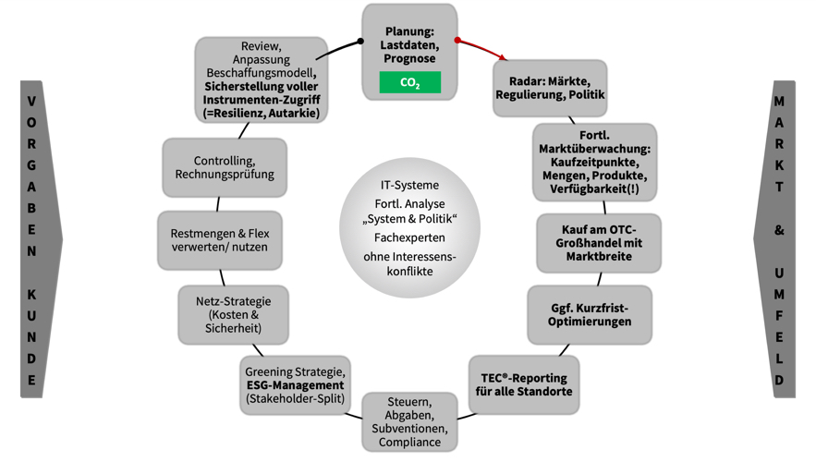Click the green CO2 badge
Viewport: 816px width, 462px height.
click(x=409, y=82)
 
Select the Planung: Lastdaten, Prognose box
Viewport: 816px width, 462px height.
click(x=409, y=42)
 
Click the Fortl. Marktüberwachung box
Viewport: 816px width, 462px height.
click(x=594, y=162)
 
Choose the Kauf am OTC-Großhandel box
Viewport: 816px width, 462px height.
click(x=598, y=242)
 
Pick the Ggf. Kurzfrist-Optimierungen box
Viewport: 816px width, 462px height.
click(x=589, y=314)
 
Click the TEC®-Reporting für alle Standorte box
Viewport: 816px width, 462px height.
click(x=523, y=383)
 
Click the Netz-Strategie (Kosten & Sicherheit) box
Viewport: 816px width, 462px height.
click(x=231, y=314)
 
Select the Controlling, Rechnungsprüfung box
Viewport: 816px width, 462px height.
click(x=224, y=167)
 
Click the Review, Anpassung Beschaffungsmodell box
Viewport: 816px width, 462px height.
click(x=261, y=80)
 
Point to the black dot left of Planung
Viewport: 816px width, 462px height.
click(x=360, y=42)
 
